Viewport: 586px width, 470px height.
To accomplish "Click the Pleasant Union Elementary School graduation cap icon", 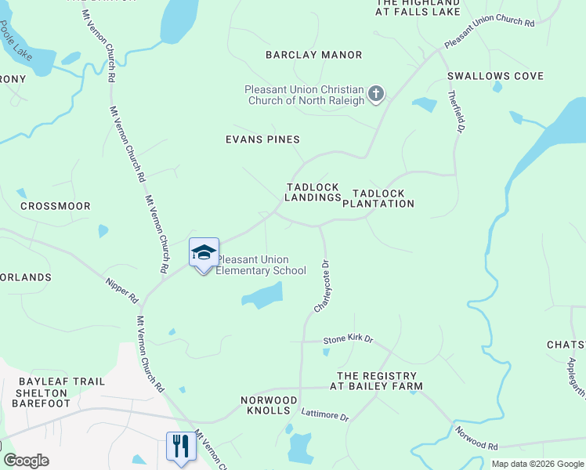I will [x=203, y=252].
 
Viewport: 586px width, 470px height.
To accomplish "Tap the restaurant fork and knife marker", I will [x=180, y=446].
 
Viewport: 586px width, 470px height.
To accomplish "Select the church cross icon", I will [x=376, y=95].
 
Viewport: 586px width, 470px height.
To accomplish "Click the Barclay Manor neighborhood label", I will [x=313, y=55].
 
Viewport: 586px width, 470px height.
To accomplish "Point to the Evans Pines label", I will [x=262, y=139].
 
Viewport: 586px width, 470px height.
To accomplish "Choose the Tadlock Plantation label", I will [x=383, y=198].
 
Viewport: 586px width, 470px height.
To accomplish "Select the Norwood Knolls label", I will [x=269, y=405].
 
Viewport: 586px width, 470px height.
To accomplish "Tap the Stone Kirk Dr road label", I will [x=348, y=341].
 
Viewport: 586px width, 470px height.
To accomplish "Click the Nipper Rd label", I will [x=122, y=288].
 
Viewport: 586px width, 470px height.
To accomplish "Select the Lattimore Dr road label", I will [x=324, y=416].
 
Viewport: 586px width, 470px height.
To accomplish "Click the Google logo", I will [x=25, y=461].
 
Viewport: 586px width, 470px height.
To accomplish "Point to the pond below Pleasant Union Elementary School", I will [x=262, y=296].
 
